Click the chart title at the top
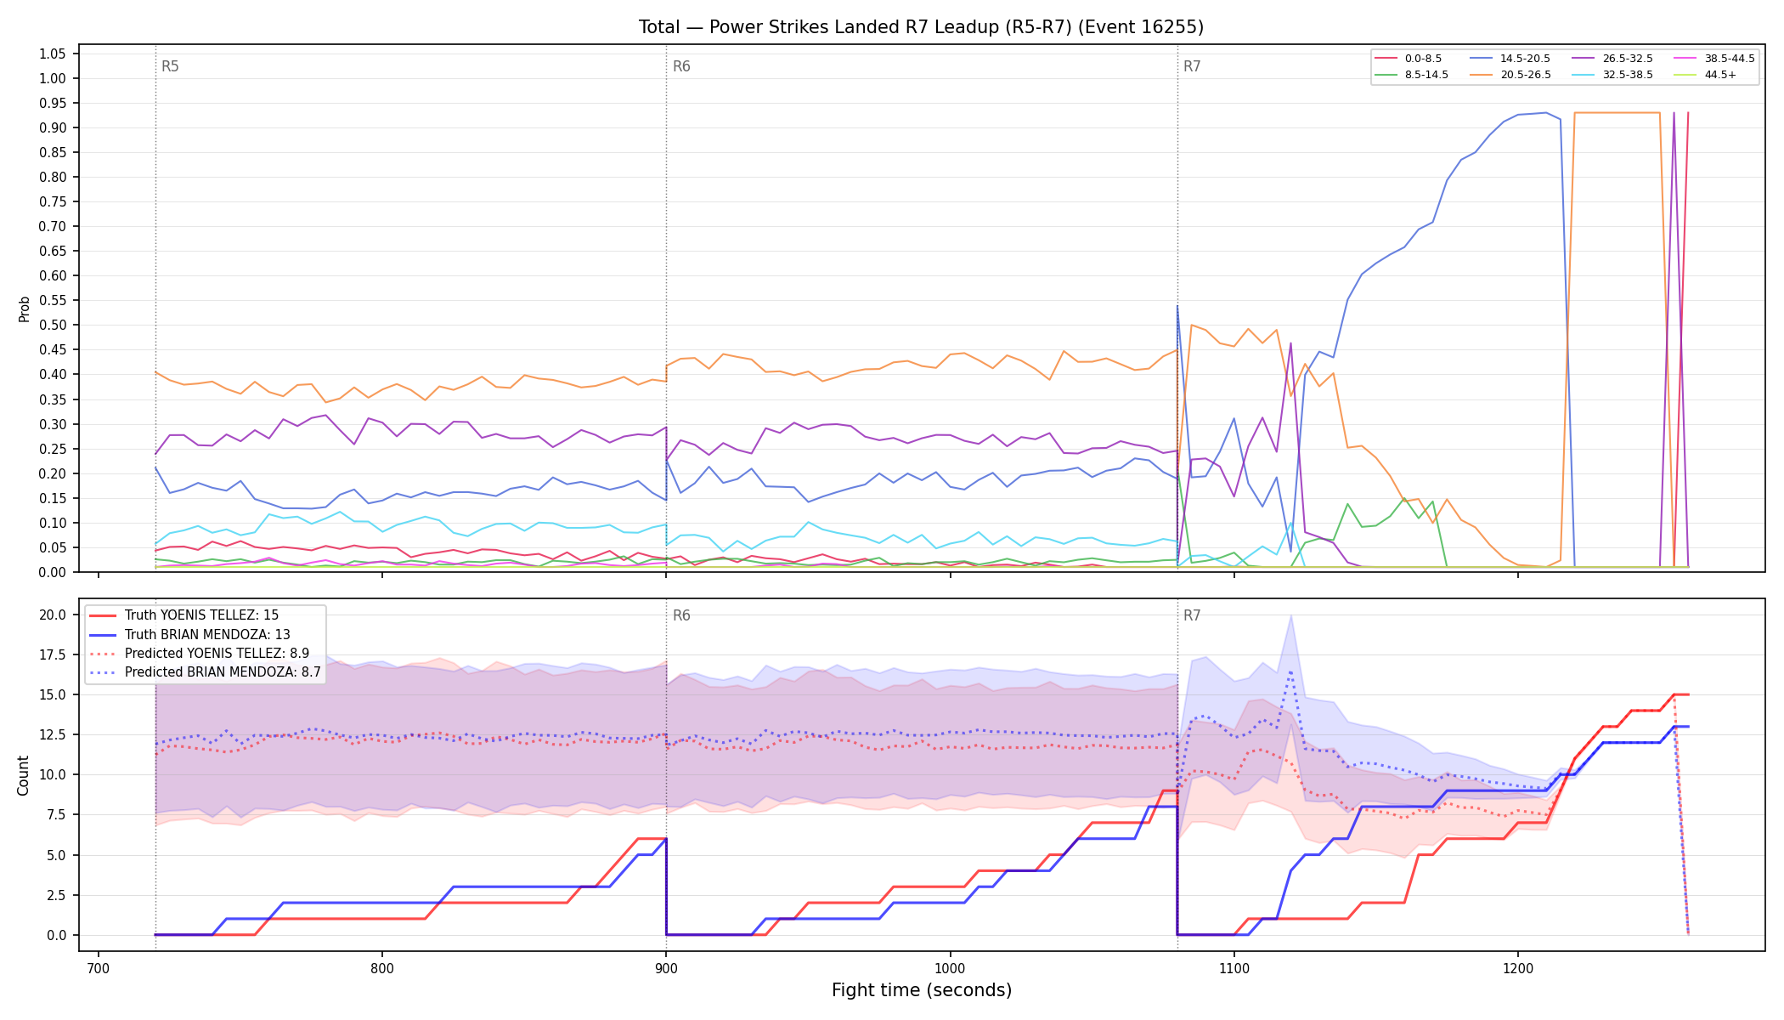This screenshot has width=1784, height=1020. click(921, 27)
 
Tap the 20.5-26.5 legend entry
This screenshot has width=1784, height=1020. click(1511, 75)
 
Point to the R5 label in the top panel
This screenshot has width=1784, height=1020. click(170, 66)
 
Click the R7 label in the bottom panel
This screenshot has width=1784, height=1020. click(1192, 615)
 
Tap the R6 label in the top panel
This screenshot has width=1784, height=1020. click(681, 66)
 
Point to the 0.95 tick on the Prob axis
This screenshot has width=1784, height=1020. click(53, 104)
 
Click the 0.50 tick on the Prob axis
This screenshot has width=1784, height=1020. click(53, 326)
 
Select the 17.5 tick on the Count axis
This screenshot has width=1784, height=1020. click(53, 654)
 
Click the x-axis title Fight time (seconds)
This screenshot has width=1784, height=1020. click(922, 990)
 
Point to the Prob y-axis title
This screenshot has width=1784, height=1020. click(24, 309)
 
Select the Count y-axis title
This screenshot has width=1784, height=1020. click(23, 775)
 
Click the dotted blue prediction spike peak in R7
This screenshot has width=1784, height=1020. click(1290, 671)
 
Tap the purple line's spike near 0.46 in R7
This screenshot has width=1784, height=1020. click(1290, 343)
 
